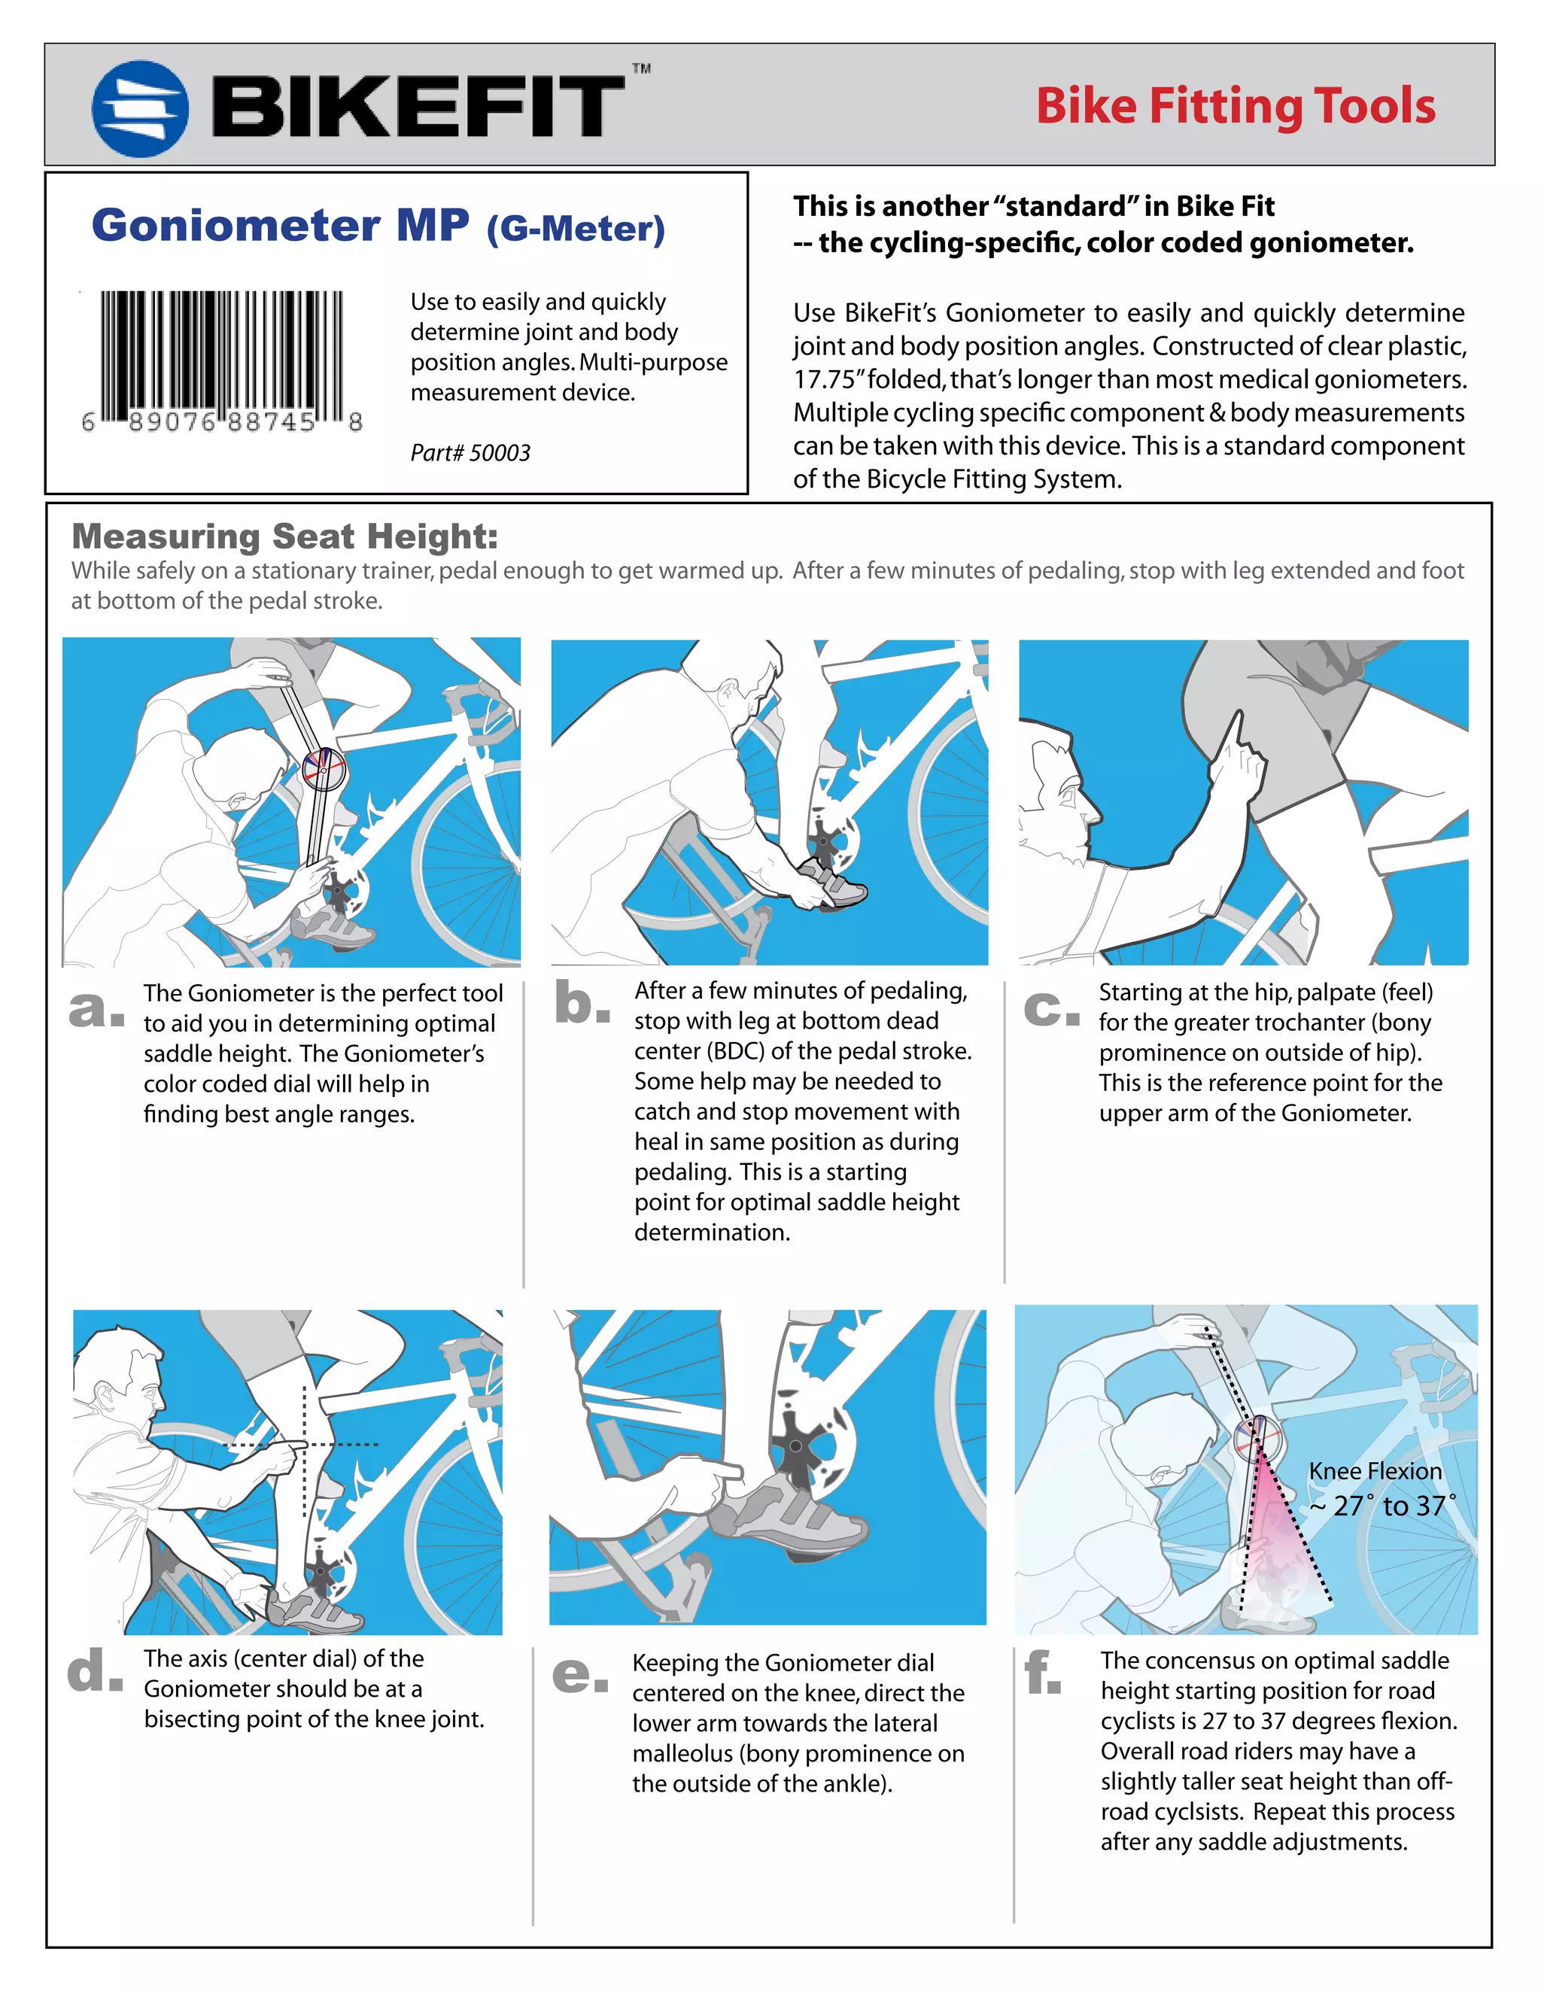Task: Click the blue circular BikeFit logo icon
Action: [141, 108]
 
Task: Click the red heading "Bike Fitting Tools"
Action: [1236, 106]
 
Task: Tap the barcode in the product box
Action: [222, 360]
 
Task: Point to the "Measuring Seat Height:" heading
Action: [285, 536]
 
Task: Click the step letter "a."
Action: [96, 1009]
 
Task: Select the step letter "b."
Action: [582, 1002]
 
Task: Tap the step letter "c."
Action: [1050, 1008]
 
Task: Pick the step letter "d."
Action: [95, 1670]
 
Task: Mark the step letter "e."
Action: [579, 1673]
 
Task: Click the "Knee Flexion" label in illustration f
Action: [1375, 1471]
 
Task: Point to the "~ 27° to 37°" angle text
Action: [1383, 1506]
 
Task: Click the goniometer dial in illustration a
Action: [324, 769]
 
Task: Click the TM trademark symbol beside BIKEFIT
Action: [642, 68]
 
